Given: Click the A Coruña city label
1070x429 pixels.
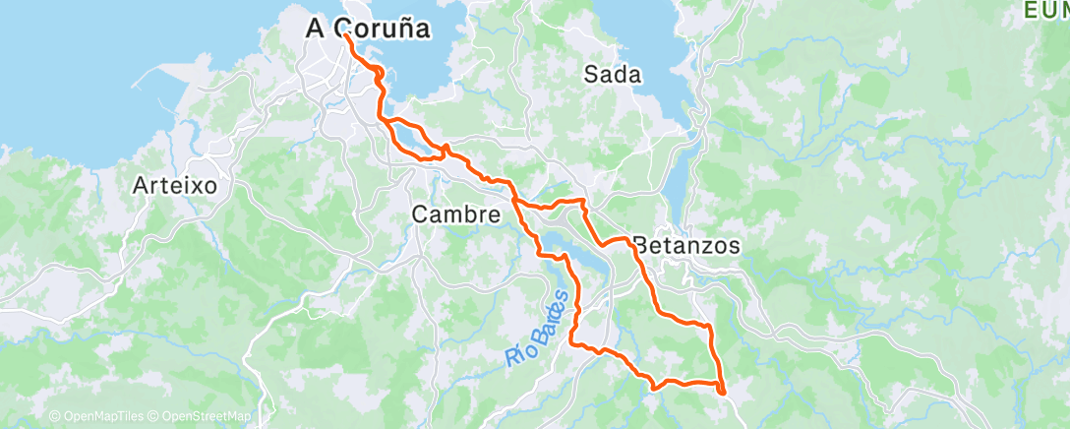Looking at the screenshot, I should [368, 29].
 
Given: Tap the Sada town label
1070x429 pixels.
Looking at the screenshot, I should [612, 75].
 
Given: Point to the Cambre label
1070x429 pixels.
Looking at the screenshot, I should [455, 214].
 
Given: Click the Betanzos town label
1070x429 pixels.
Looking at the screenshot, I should [686, 246].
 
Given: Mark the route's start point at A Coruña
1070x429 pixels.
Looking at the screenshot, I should [346, 35].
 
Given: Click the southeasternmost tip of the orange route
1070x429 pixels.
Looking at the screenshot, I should [723, 393].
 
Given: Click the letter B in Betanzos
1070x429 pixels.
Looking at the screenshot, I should [641, 246].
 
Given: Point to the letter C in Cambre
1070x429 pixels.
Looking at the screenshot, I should [419, 214].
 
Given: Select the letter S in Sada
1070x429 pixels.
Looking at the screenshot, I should [591, 75].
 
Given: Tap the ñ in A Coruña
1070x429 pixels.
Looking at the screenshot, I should [401, 29].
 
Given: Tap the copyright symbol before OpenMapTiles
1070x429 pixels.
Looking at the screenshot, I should [54, 417].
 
